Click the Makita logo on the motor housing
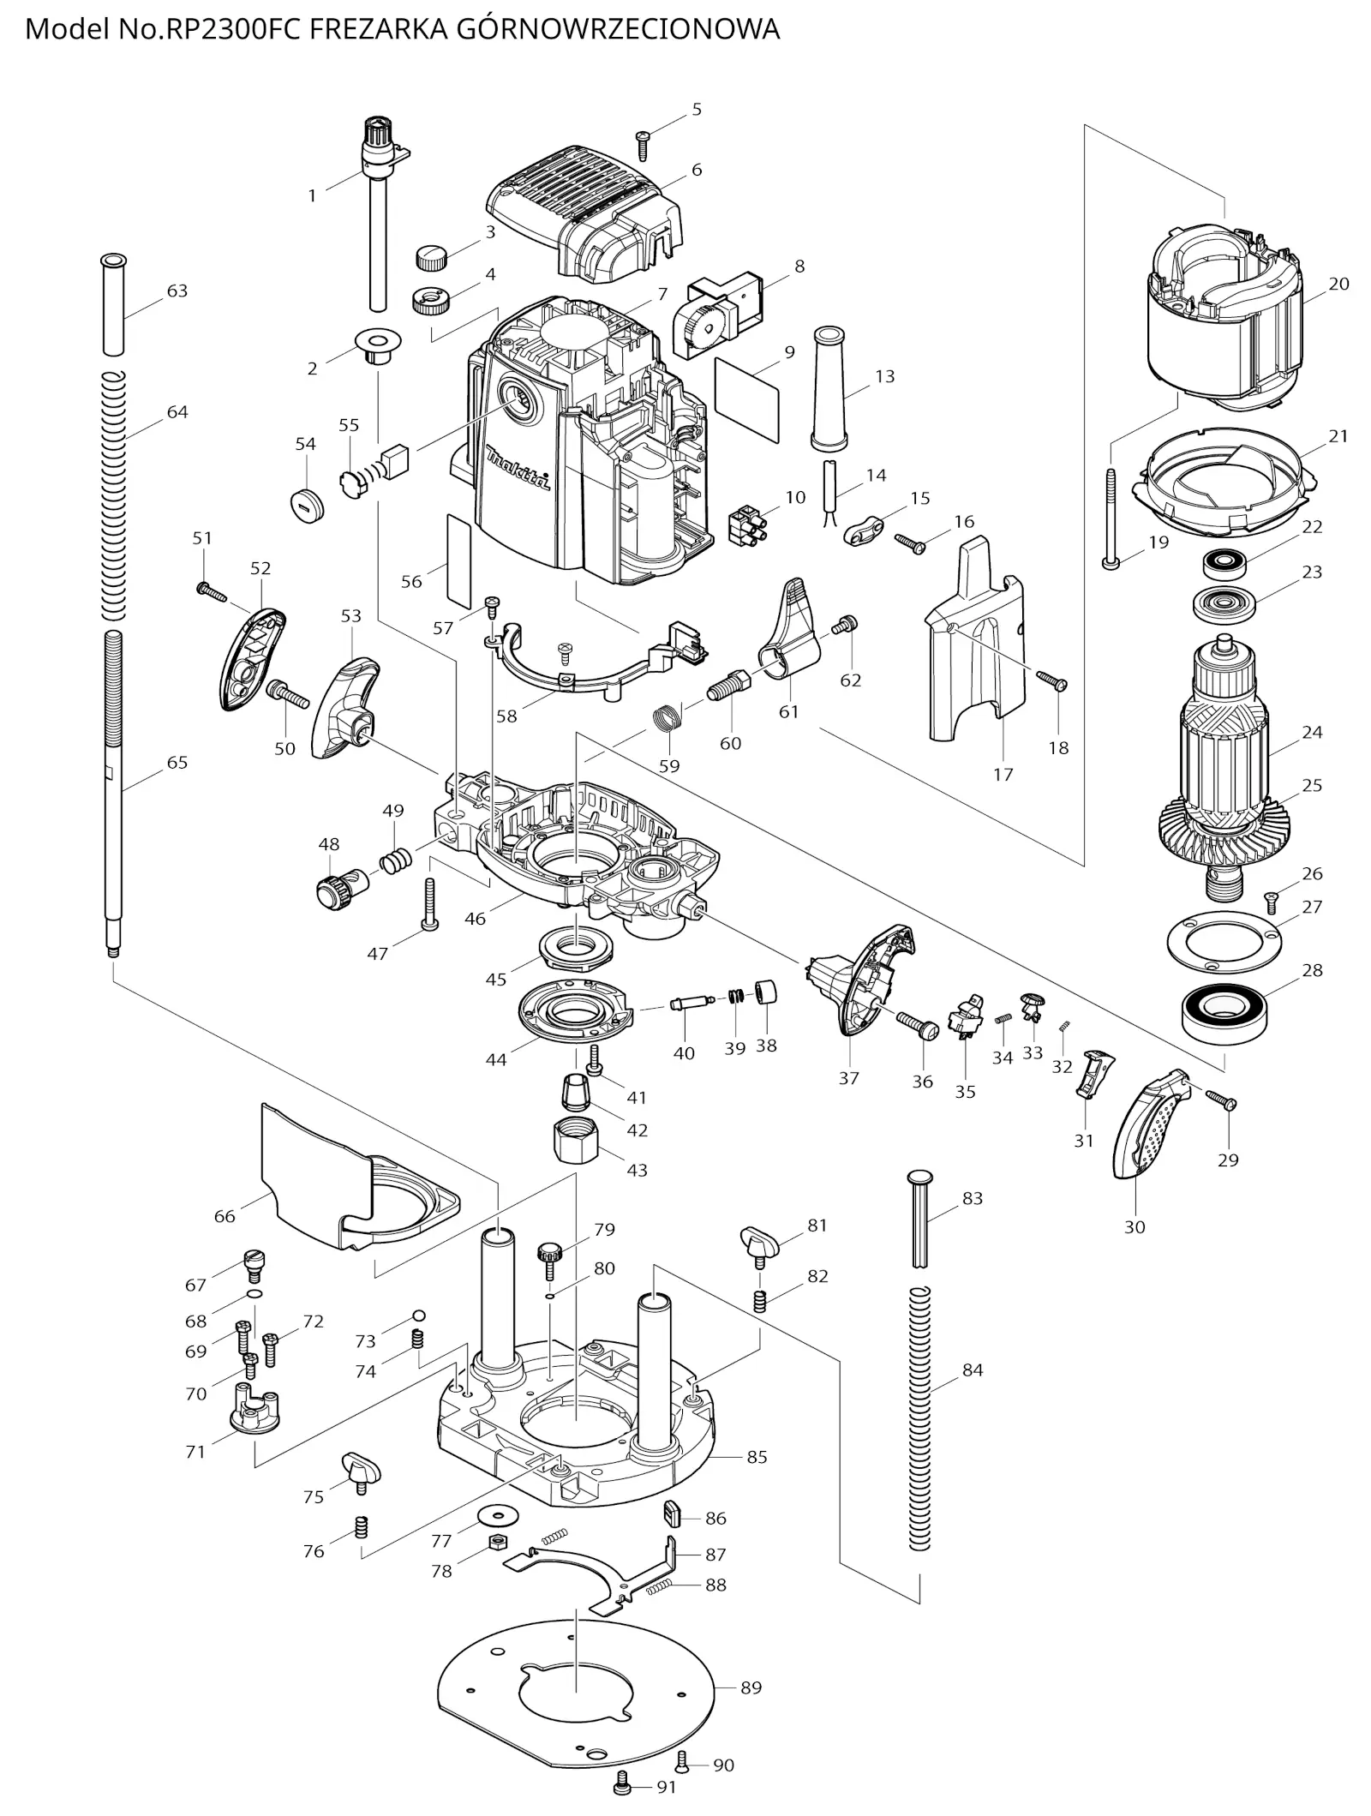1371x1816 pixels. click(x=518, y=468)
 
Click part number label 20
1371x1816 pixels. click(x=1338, y=284)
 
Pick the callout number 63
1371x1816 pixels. click(x=177, y=291)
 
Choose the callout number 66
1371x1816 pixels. click(x=225, y=1216)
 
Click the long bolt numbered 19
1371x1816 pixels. click(x=1111, y=518)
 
